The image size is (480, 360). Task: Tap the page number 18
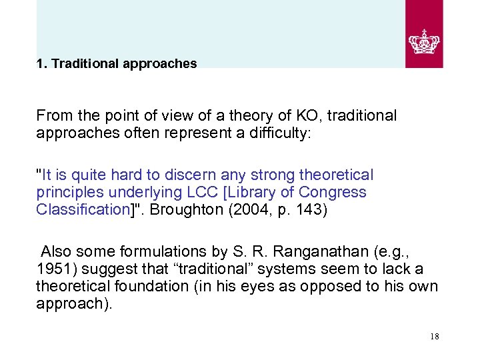pos(435,337)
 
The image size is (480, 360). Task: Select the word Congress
pos(335,192)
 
